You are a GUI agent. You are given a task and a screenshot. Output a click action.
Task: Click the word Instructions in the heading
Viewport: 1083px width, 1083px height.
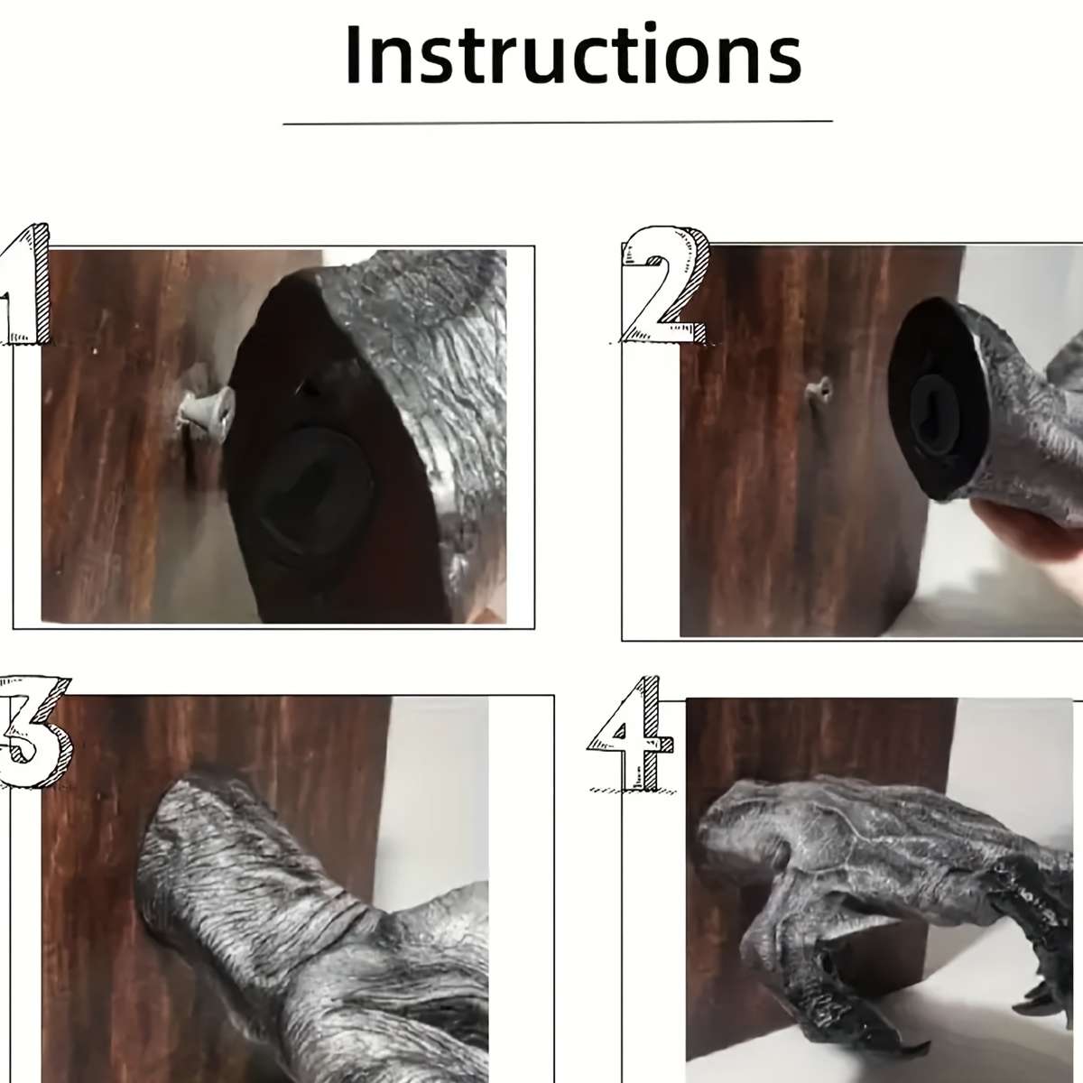[x=573, y=54]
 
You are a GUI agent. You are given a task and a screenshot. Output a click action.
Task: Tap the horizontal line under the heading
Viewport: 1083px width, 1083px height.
[x=558, y=122]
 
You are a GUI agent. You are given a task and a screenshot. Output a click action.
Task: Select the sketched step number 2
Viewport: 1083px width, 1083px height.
[x=664, y=284]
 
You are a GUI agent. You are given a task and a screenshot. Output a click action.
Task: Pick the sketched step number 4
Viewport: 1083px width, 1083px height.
[x=631, y=734]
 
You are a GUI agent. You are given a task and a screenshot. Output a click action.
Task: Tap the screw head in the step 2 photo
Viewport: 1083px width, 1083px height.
[x=820, y=389]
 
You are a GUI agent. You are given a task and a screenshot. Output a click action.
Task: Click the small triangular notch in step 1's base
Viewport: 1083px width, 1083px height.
[x=309, y=387]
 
